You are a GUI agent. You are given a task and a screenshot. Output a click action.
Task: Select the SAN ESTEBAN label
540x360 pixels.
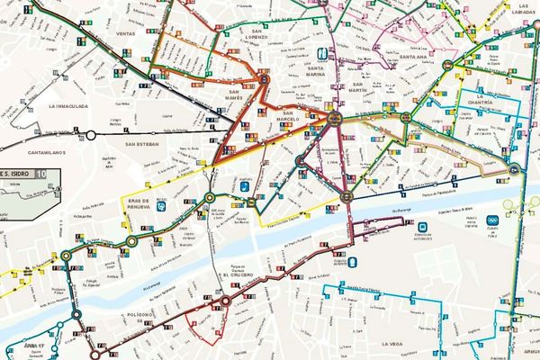point(142,144)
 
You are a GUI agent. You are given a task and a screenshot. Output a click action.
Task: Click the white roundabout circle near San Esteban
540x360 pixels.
point(90,135)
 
